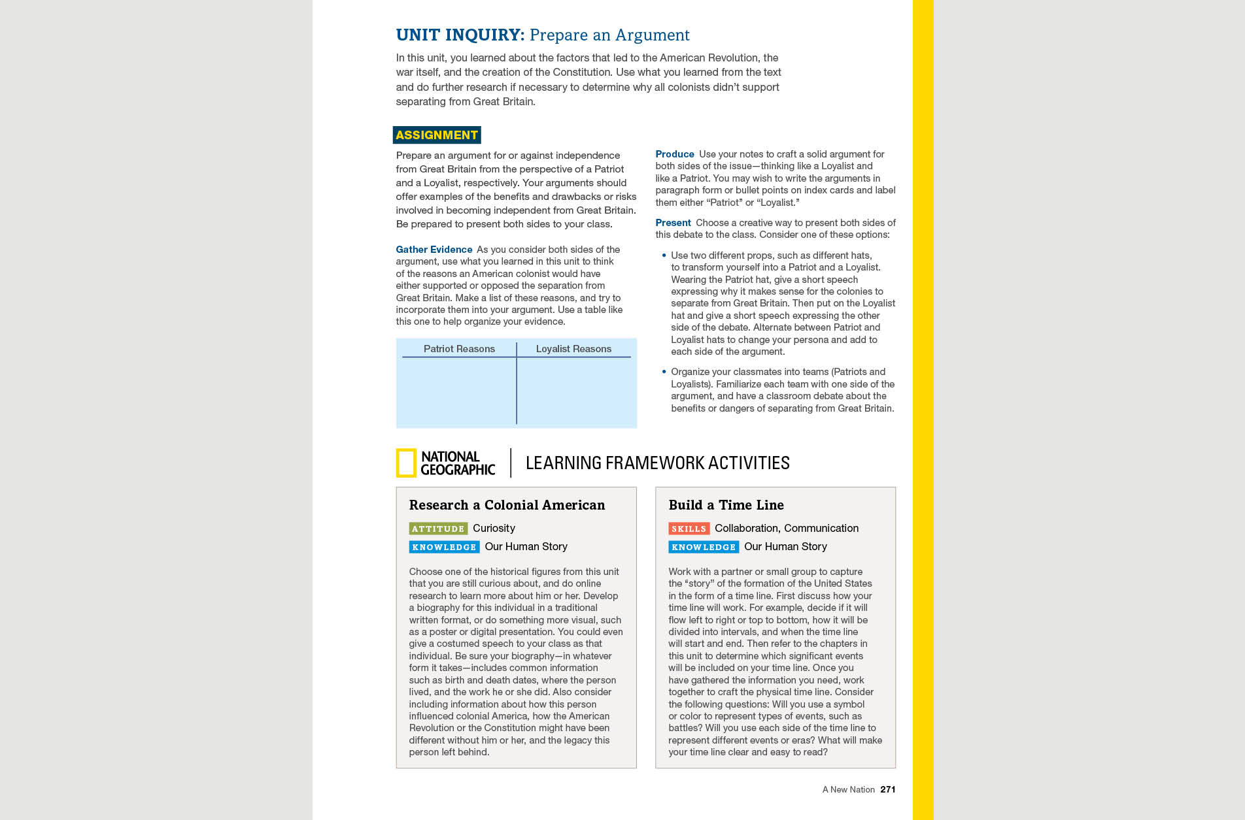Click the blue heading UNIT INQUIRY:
pyautogui.click(x=460, y=35)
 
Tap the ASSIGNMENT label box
pyautogui.click(x=437, y=135)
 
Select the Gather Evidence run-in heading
pyautogui.click(x=434, y=250)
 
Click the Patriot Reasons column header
pyautogui.click(x=459, y=349)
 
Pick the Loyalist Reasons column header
pyautogui.click(x=573, y=349)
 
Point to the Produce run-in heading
pyautogui.click(x=674, y=154)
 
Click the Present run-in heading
pyautogui.click(x=673, y=223)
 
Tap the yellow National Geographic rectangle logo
pyautogui.click(x=406, y=463)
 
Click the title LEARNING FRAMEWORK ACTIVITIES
pyautogui.click(x=657, y=463)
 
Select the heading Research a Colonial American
pyautogui.click(x=507, y=505)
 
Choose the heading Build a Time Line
pyautogui.click(x=726, y=505)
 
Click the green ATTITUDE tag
pyautogui.click(x=438, y=529)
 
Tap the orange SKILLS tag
pyautogui.click(x=689, y=529)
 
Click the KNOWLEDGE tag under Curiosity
pyautogui.click(x=444, y=547)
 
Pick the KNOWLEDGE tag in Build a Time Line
pyautogui.click(x=704, y=547)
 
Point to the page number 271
pyautogui.click(x=887, y=789)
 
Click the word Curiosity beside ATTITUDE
pyautogui.click(x=494, y=528)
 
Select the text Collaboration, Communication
pyautogui.click(x=787, y=528)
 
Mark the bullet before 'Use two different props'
pyautogui.click(x=664, y=255)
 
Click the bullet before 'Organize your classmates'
pyautogui.click(x=664, y=372)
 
